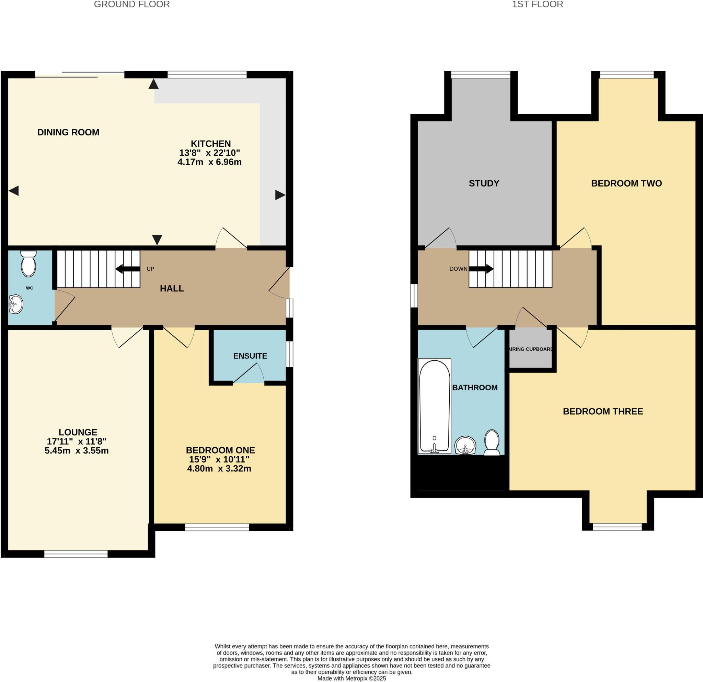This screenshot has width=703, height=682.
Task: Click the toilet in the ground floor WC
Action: pyautogui.click(x=28, y=264)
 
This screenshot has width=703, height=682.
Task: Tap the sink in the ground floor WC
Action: pyautogui.click(x=16, y=304)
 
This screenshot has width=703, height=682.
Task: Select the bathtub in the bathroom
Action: pyautogui.click(x=434, y=406)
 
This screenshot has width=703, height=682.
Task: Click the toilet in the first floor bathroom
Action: pyautogui.click(x=492, y=443)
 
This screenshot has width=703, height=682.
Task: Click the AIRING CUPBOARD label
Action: pyautogui.click(x=530, y=349)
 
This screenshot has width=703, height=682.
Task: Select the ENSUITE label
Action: pyautogui.click(x=250, y=356)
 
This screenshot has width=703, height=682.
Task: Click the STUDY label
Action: pyautogui.click(x=484, y=183)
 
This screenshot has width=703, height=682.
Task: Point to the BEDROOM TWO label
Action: pyautogui.click(x=626, y=183)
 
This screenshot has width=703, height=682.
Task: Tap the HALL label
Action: pyautogui.click(x=172, y=288)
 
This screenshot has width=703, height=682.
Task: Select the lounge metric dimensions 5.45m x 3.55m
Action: pyautogui.click(x=77, y=450)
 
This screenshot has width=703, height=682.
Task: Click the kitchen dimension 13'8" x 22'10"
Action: pyautogui.click(x=209, y=153)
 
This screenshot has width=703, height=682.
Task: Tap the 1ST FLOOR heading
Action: pyautogui.click(x=537, y=4)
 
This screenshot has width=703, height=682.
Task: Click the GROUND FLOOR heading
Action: pyautogui.click(x=131, y=4)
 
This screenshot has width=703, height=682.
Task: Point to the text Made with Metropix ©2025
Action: pyautogui.click(x=351, y=679)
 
